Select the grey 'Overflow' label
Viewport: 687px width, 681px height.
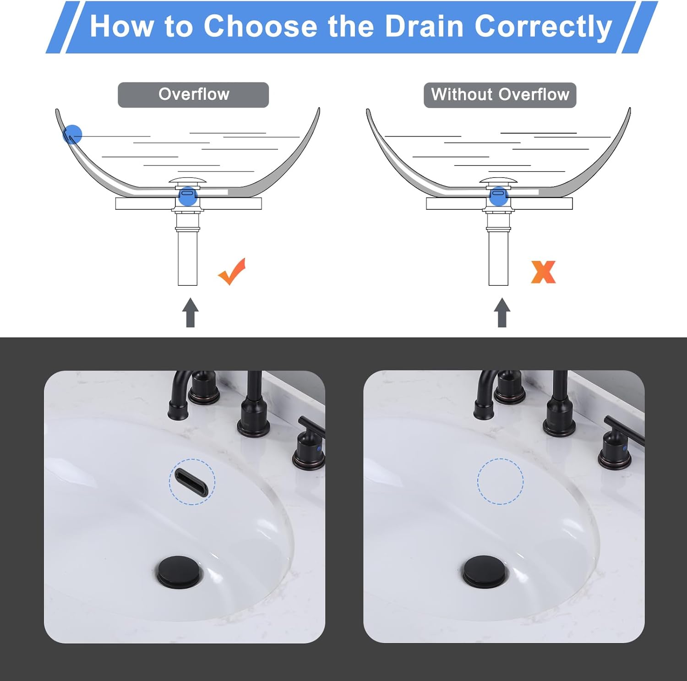[193, 95]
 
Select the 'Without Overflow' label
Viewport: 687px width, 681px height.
[500, 95]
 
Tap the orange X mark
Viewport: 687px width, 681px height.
[543, 272]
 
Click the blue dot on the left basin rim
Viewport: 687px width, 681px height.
[72, 135]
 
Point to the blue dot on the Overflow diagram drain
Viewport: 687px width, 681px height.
[188, 196]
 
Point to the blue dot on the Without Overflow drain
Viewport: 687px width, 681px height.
[499, 196]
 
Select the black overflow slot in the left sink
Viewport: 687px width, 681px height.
[192, 482]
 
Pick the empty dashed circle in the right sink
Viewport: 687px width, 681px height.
[500, 481]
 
